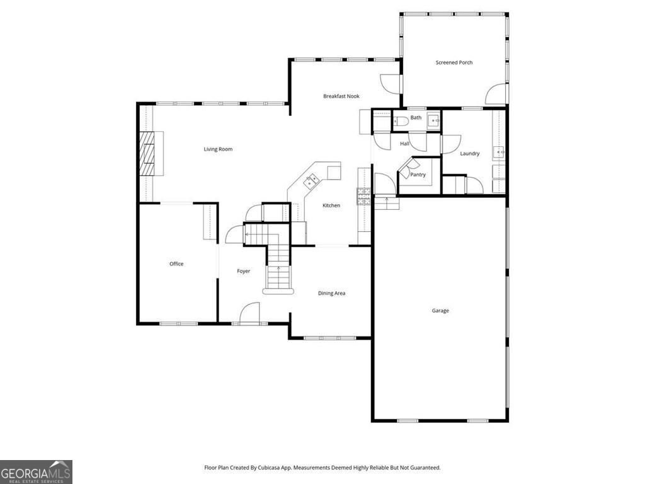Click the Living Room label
coord(218,149)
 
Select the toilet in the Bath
coord(401,122)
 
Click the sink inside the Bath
coord(433,121)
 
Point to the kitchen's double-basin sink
coord(311,181)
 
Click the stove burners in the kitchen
coord(364,197)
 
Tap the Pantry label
coord(418,175)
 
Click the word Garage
coord(440,311)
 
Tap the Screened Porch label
coord(454,62)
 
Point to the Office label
coord(176,264)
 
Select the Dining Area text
coord(331,293)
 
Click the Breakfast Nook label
coord(341,96)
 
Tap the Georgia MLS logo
coord(36,471)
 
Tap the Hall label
coord(405,144)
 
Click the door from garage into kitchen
coord(384,185)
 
